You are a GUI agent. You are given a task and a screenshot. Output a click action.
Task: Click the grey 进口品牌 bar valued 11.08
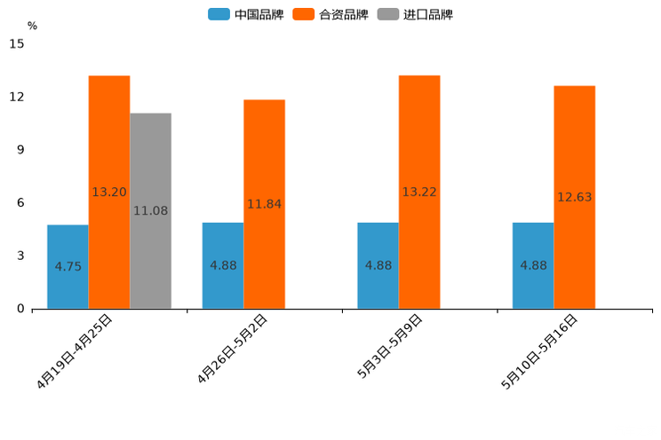coord(150,211)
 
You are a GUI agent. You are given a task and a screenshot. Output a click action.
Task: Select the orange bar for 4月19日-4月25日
coord(109,192)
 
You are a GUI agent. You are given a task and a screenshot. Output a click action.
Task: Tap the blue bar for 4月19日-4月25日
coord(68,266)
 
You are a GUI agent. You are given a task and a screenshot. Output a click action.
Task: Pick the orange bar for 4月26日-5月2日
coord(264,204)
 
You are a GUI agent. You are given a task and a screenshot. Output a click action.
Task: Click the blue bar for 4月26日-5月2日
coord(223,265)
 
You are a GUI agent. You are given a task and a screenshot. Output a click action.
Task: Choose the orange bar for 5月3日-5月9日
coord(419,192)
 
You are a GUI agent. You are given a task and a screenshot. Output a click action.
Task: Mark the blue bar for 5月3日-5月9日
coord(378,265)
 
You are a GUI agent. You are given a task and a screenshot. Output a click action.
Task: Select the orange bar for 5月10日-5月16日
coord(574,197)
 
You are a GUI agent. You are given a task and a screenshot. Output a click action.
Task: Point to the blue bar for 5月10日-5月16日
coord(533,265)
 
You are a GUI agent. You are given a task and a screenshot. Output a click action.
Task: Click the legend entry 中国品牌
coord(246,14)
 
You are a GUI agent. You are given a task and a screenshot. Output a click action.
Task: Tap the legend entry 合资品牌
coord(330,14)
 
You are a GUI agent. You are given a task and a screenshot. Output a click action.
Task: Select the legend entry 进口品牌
coord(416,14)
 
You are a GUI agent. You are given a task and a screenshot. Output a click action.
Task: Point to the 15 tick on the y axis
coord(17,43)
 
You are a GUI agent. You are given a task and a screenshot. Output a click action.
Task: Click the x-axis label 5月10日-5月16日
coord(540,350)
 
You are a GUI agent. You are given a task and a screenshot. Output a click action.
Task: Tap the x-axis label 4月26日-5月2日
coord(233,349)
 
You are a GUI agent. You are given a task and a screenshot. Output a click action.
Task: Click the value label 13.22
coord(419,192)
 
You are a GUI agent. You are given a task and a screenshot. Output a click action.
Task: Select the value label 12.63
coord(574,197)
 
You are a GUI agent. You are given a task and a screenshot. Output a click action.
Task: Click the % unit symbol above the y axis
coord(32,26)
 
